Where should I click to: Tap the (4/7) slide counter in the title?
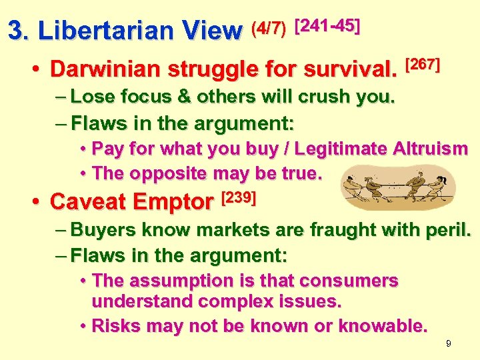pyautogui.click(x=269, y=27)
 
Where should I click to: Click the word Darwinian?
pyautogui.click(x=106, y=69)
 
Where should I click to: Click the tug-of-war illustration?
pyautogui.click(x=397, y=189)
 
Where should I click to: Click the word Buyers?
pyautogui.click(x=101, y=230)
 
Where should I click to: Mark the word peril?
pyautogui.click(x=449, y=230)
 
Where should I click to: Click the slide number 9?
pyautogui.click(x=449, y=343)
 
